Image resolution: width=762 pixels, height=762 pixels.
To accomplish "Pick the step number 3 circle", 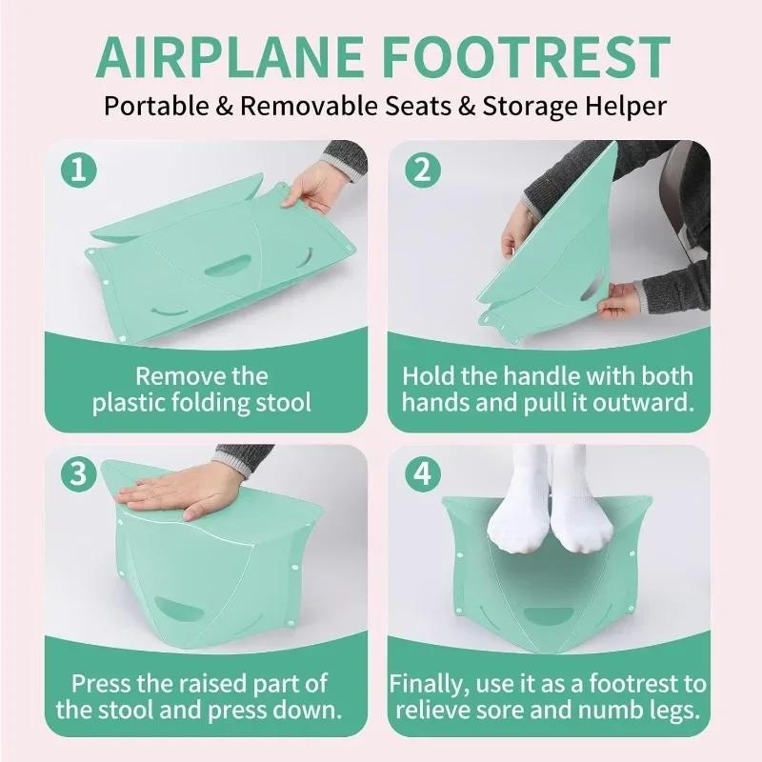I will (x=79, y=473).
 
